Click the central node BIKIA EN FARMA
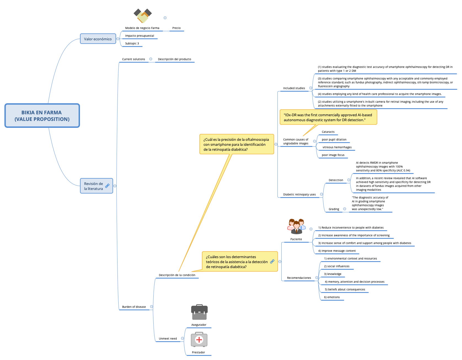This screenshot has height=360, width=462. (x=42, y=116)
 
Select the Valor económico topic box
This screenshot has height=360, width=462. (x=98, y=39)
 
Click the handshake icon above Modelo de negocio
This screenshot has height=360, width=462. (x=143, y=16)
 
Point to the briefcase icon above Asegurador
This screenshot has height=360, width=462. (x=199, y=312)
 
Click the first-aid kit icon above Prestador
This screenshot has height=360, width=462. (x=199, y=340)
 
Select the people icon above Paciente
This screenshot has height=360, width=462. (x=296, y=226)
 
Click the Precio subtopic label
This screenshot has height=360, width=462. (x=177, y=28)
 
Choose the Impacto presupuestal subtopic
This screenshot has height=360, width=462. (x=140, y=36)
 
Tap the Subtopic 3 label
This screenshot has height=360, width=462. (x=132, y=44)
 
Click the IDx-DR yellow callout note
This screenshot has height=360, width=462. (x=328, y=117)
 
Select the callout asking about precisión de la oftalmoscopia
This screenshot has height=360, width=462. (x=236, y=144)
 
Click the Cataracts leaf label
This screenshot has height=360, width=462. (x=328, y=132)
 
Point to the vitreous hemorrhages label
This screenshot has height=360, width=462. (x=337, y=147)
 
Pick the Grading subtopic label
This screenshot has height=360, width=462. (x=334, y=209)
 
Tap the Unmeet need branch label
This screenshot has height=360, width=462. (x=168, y=339)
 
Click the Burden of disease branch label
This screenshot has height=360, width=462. (x=134, y=307)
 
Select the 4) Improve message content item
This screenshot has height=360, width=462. (x=337, y=251)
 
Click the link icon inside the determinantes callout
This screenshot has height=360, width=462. (x=272, y=261)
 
